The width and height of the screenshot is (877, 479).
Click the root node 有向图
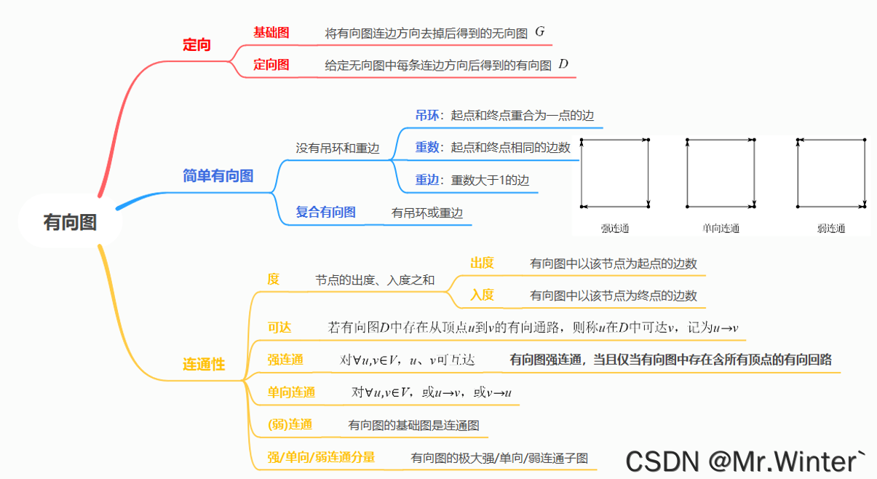click(x=70, y=223)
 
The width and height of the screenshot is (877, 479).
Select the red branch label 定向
click(x=197, y=45)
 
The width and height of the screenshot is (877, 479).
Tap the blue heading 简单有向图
click(x=218, y=175)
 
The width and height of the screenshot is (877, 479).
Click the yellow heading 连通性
click(x=204, y=365)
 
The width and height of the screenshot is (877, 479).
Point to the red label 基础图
click(x=271, y=33)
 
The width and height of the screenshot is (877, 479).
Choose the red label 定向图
click(x=271, y=65)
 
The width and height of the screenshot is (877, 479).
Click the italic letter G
click(x=539, y=32)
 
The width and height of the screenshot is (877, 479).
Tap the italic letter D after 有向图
click(x=563, y=64)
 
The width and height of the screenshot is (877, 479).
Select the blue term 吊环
click(x=427, y=115)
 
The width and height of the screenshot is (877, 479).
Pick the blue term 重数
click(x=427, y=147)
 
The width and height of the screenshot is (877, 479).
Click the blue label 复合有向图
click(x=325, y=213)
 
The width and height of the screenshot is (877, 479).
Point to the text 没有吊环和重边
click(x=337, y=148)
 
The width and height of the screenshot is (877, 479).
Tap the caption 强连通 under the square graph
click(x=615, y=229)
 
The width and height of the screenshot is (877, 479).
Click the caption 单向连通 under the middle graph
click(x=721, y=229)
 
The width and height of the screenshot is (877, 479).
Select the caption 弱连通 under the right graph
click(x=831, y=229)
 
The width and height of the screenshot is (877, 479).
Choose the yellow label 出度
click(x=482, y=263)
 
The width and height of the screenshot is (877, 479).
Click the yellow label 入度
click(x=482, y=295)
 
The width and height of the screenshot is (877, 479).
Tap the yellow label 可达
click(x=279, y=328)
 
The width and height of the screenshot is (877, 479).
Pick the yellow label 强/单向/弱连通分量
click(x=321, y=457)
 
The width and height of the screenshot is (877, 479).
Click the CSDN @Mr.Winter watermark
click(x=745, y=460)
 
